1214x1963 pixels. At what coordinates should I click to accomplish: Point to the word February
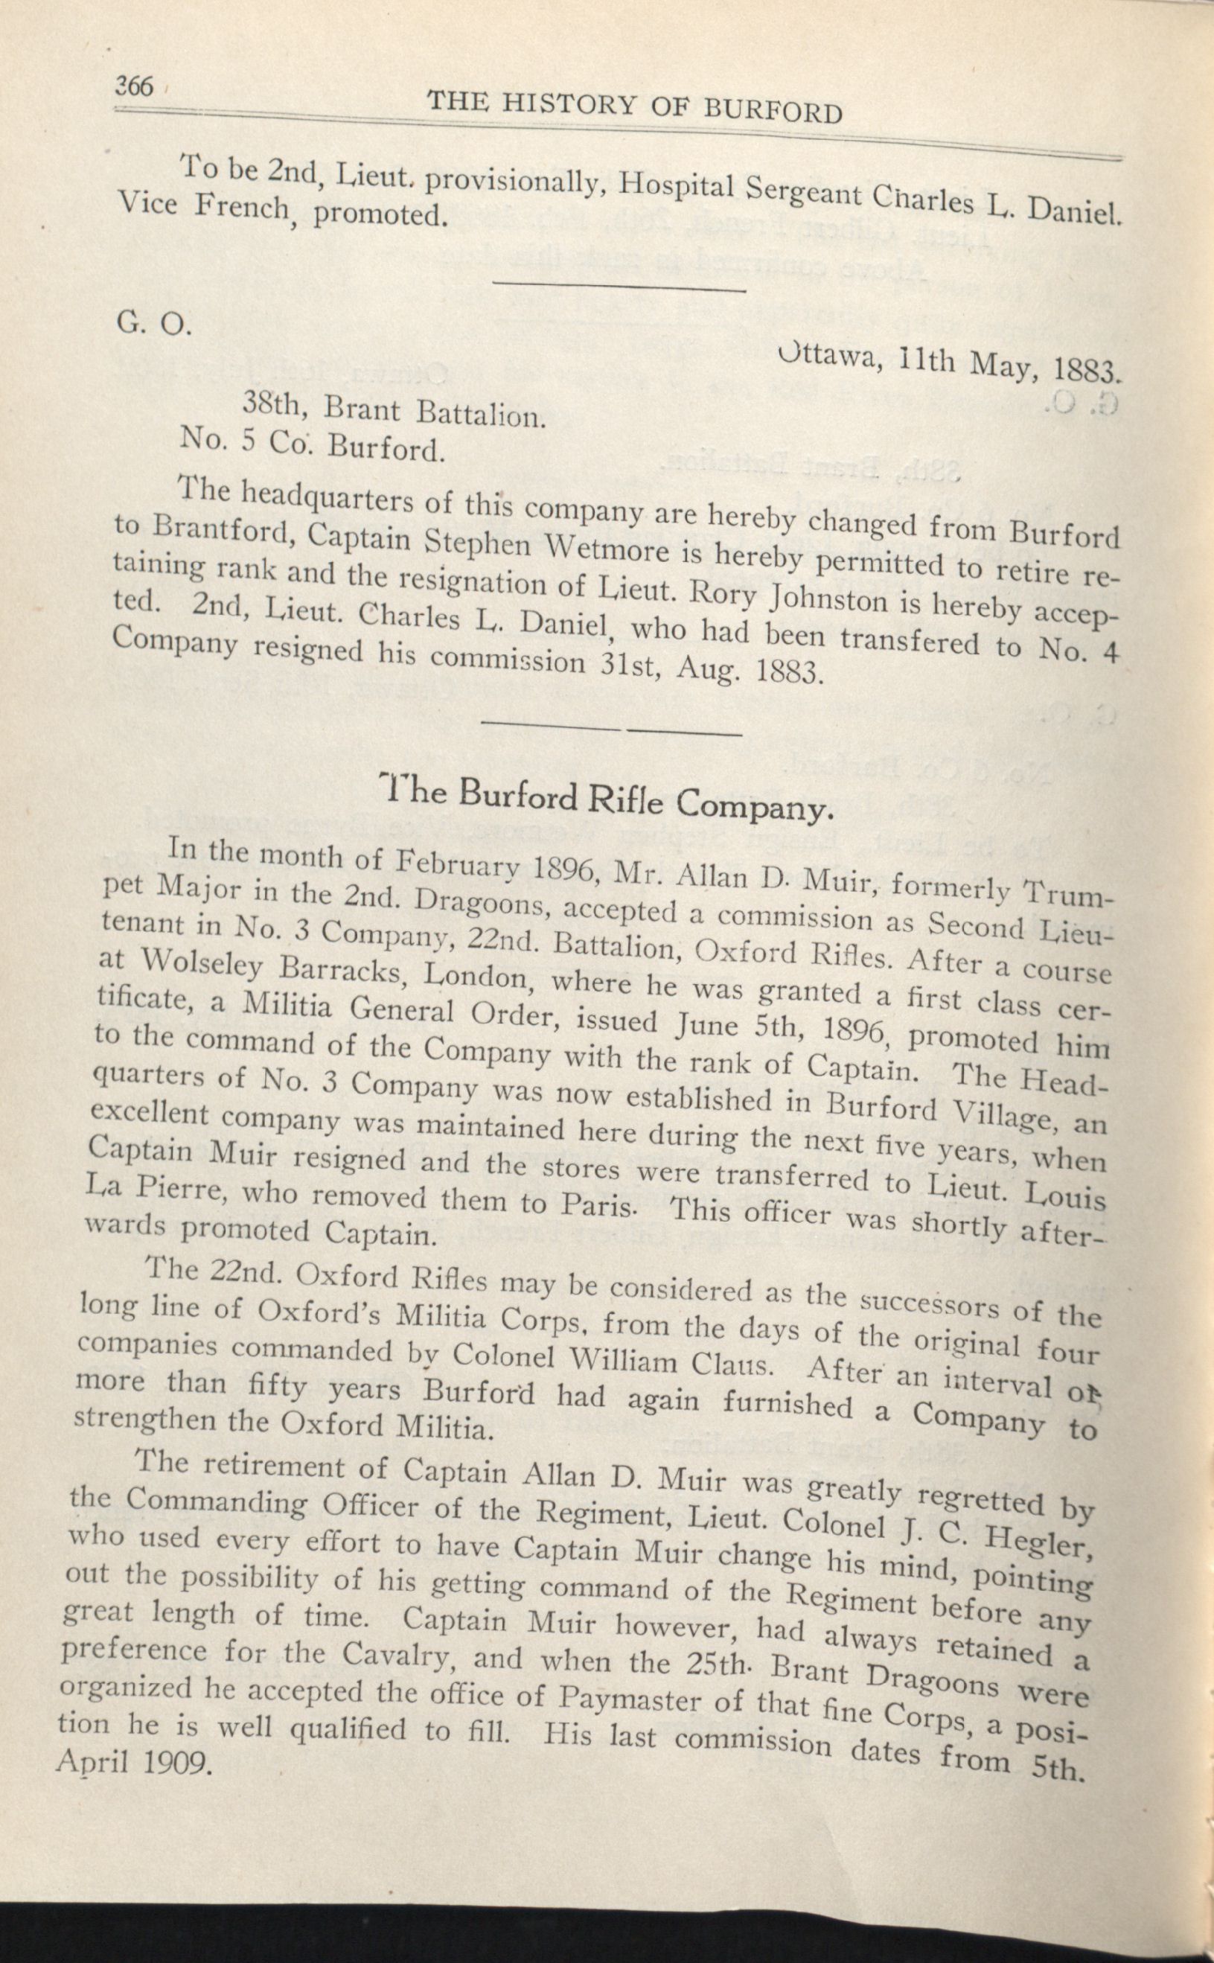(x=459, y=866)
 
